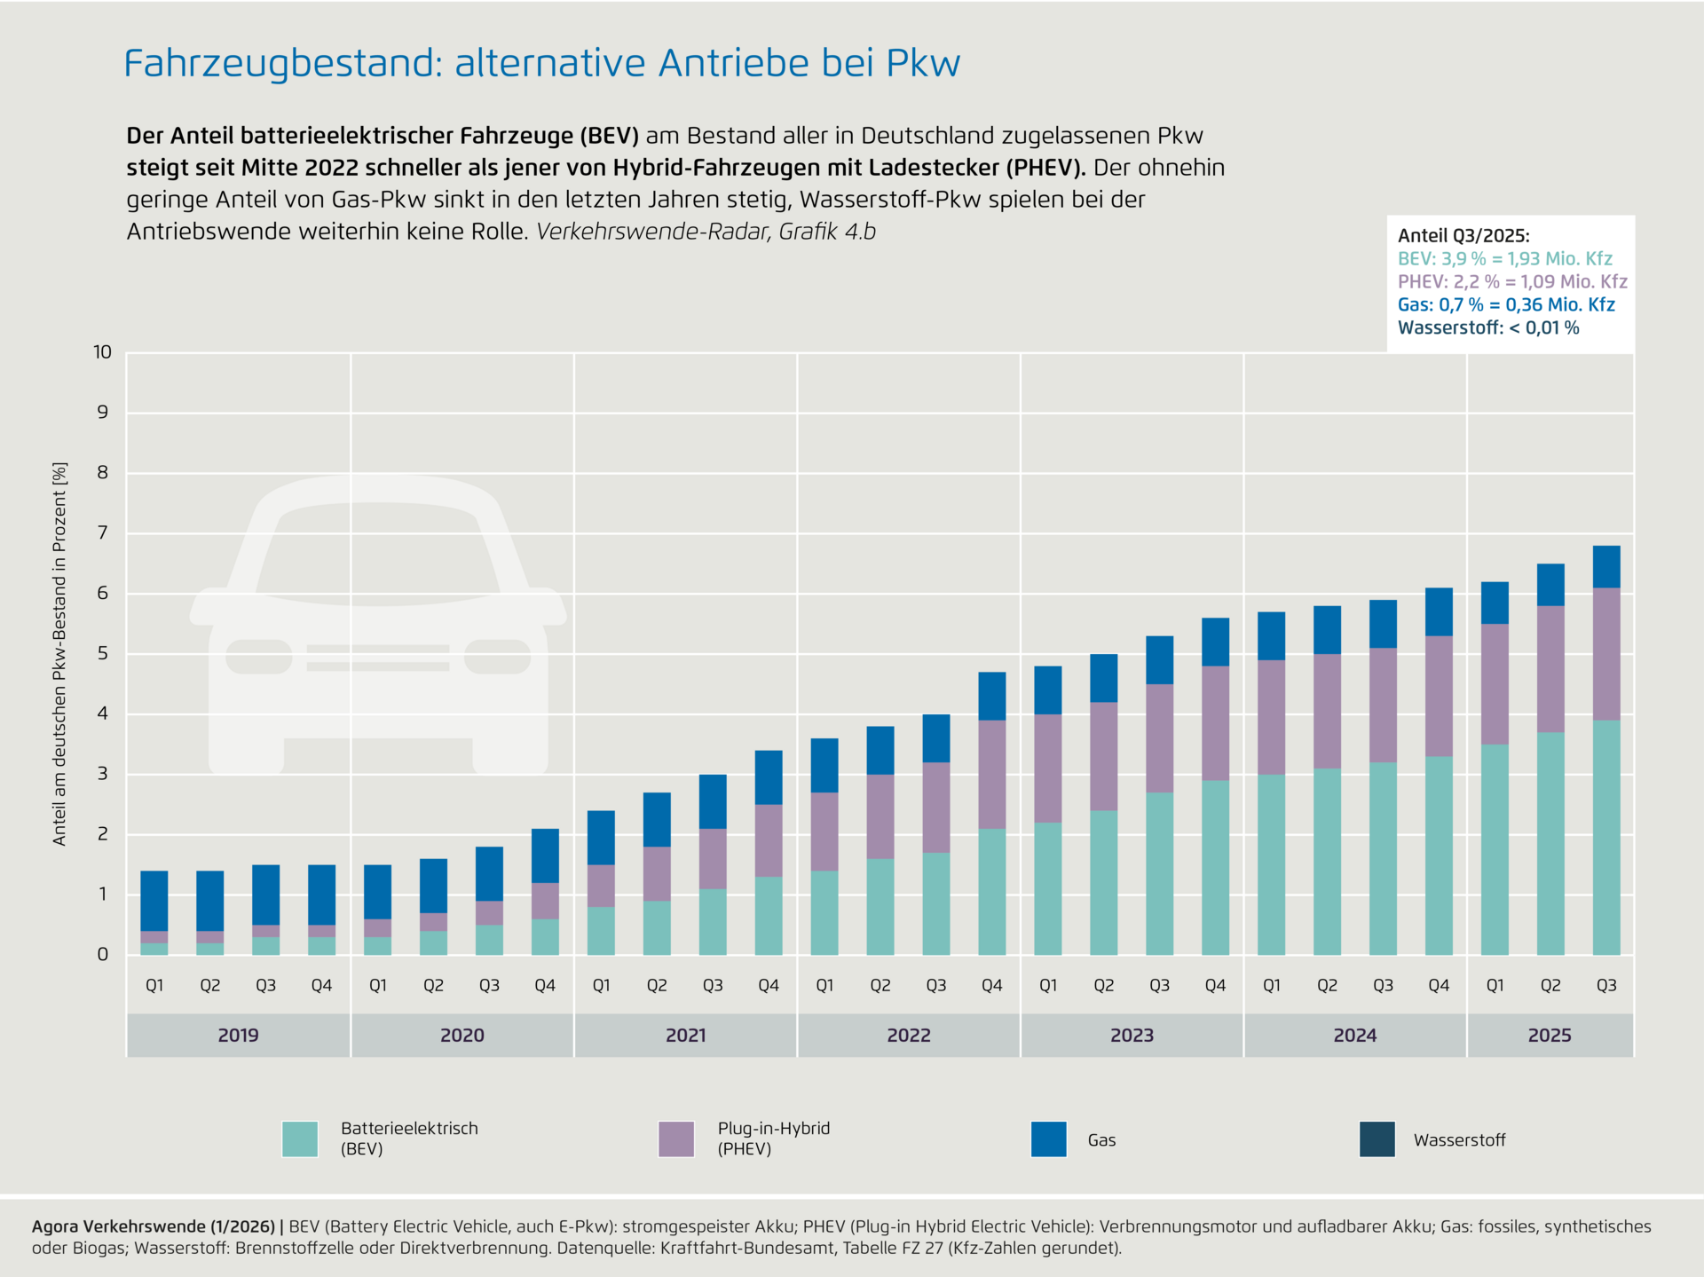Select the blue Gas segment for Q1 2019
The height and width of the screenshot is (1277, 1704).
(x=154, y=901)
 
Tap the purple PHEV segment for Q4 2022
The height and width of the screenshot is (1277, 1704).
(x=992, y=774)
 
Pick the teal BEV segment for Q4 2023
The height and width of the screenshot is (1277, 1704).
(x=1215, y=867)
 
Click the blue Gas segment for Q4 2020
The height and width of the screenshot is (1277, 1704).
(x=545, y=855)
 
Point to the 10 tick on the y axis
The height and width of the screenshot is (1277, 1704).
(x=103, y=352)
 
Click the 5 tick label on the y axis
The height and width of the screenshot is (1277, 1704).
(x=103, y=653)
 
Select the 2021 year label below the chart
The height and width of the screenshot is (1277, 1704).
(x=685, y=1035)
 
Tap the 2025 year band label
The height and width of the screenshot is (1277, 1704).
(x=1550, y=1035)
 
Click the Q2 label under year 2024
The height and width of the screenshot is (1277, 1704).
(x=1327, y=985)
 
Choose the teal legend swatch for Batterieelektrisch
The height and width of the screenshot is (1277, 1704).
(x=300, y=1139)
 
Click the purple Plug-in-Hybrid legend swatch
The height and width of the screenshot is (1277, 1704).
(x=676, y=1139)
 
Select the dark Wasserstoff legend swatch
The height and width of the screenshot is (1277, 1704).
(x=1377, y=1139)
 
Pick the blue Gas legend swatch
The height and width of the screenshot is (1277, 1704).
(x=1048, y=1139)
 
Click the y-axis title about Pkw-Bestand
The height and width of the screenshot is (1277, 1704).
(x=59, y=653)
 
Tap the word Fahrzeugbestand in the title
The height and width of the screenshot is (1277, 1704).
(x=282, y=64)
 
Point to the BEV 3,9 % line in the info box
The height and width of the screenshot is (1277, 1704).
(x=1504, y=259)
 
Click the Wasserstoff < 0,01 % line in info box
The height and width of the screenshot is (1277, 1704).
(x=1488, y=328)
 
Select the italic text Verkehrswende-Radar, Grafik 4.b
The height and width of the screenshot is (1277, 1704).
(x=706, y=232)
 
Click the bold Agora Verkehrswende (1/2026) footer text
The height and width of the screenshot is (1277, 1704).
(x=154, y=1226)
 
